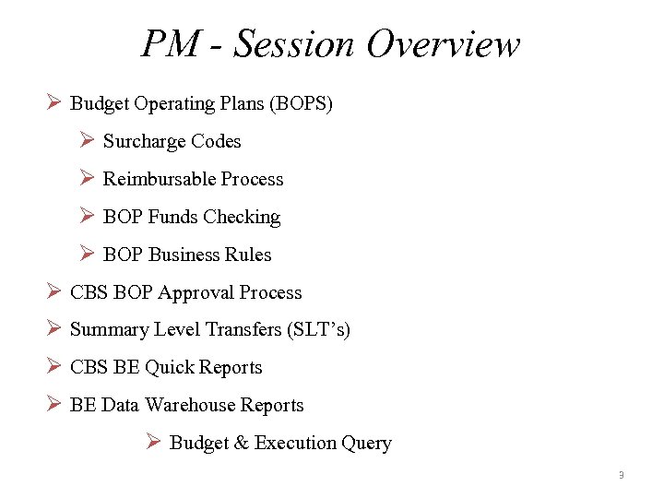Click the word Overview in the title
(x=443, y=43)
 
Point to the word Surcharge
(x=144, y=141)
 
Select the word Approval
(x=196, y=292)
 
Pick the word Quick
(x=168, y=367)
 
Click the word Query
(x=366, y=444)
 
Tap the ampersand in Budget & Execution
(x=242, y=443)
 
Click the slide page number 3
(x=621, y=476)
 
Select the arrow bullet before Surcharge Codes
(x=88, y=140)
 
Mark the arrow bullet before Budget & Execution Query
(x=154, y=442)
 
